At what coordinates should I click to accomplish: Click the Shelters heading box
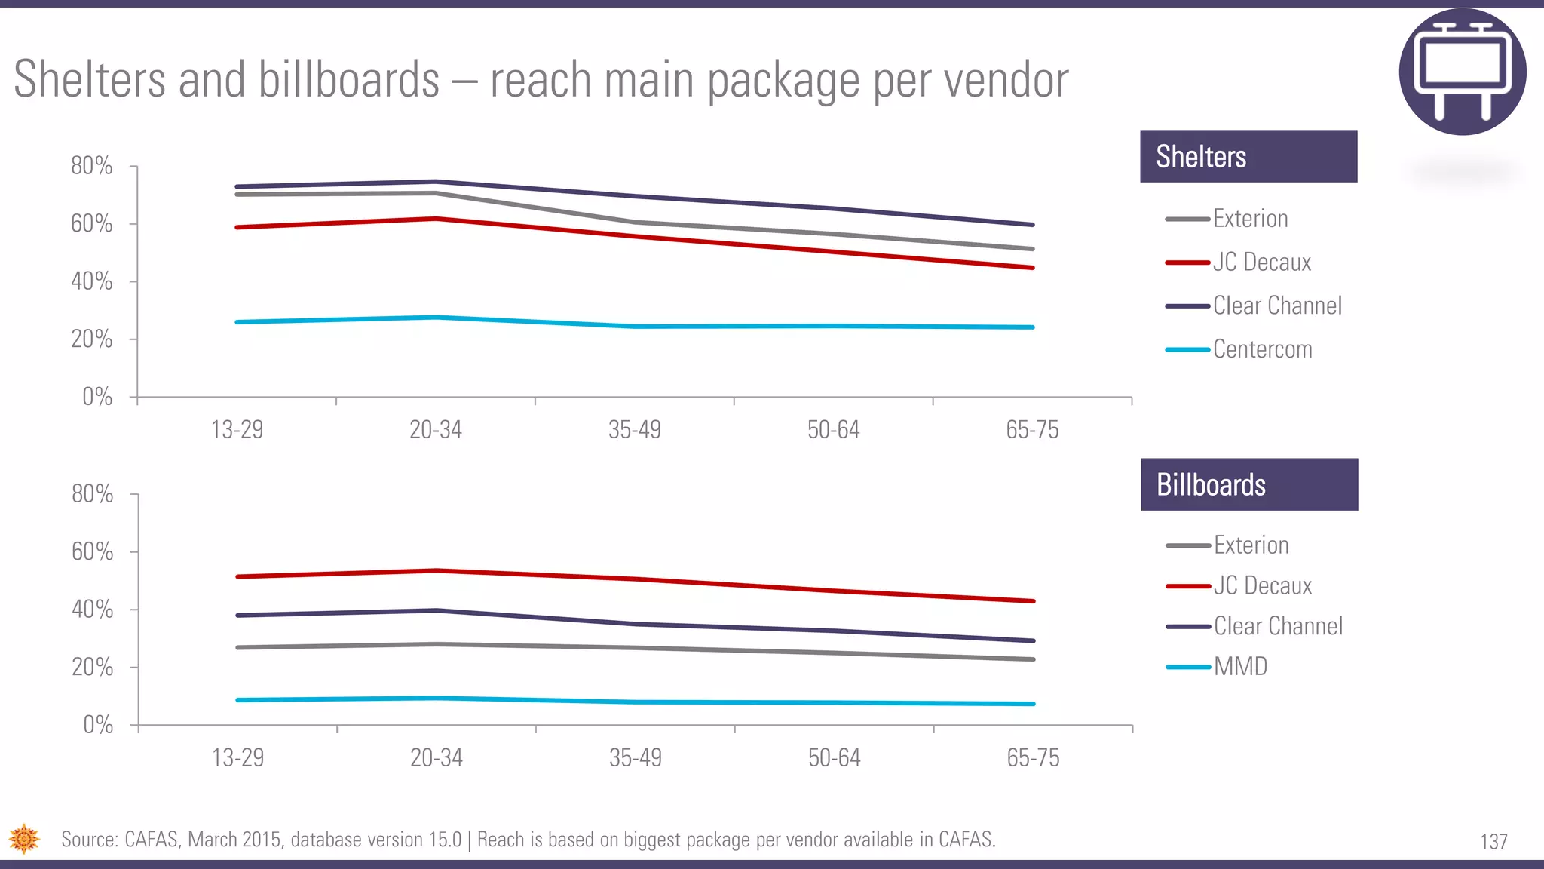(x=1248, y=156)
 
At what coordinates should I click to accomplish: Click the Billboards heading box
(x=1248, y=484)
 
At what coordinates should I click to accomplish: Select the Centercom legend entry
(x=1261, y=349)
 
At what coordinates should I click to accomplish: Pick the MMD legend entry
(x=1240, y=667)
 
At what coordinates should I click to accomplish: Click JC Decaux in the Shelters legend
(x=1261, y=263)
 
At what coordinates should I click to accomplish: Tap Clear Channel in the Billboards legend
(x=1277, y=626)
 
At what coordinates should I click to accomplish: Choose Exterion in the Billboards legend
(x=1251, y=545)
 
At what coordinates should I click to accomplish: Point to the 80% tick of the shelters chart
(x=92, y=166)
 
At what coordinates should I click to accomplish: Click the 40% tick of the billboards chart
(x=93, y=610)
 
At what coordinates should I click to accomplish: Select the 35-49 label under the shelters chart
(x=634, y=430)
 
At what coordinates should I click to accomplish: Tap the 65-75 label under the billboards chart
(x=1033, y=758)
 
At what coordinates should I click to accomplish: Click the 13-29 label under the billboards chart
(x=237, y=758)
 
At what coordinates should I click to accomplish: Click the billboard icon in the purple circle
(x=1463, y=72)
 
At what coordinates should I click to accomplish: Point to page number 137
(x=1493, y=841)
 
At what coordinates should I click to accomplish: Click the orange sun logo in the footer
(x=24, y=839)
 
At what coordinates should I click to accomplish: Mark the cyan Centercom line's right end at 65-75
(x=1032, y=327)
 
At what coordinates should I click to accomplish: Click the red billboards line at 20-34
(x=437, y=570)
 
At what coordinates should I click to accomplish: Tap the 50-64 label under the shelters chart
(x=833, y=430)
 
